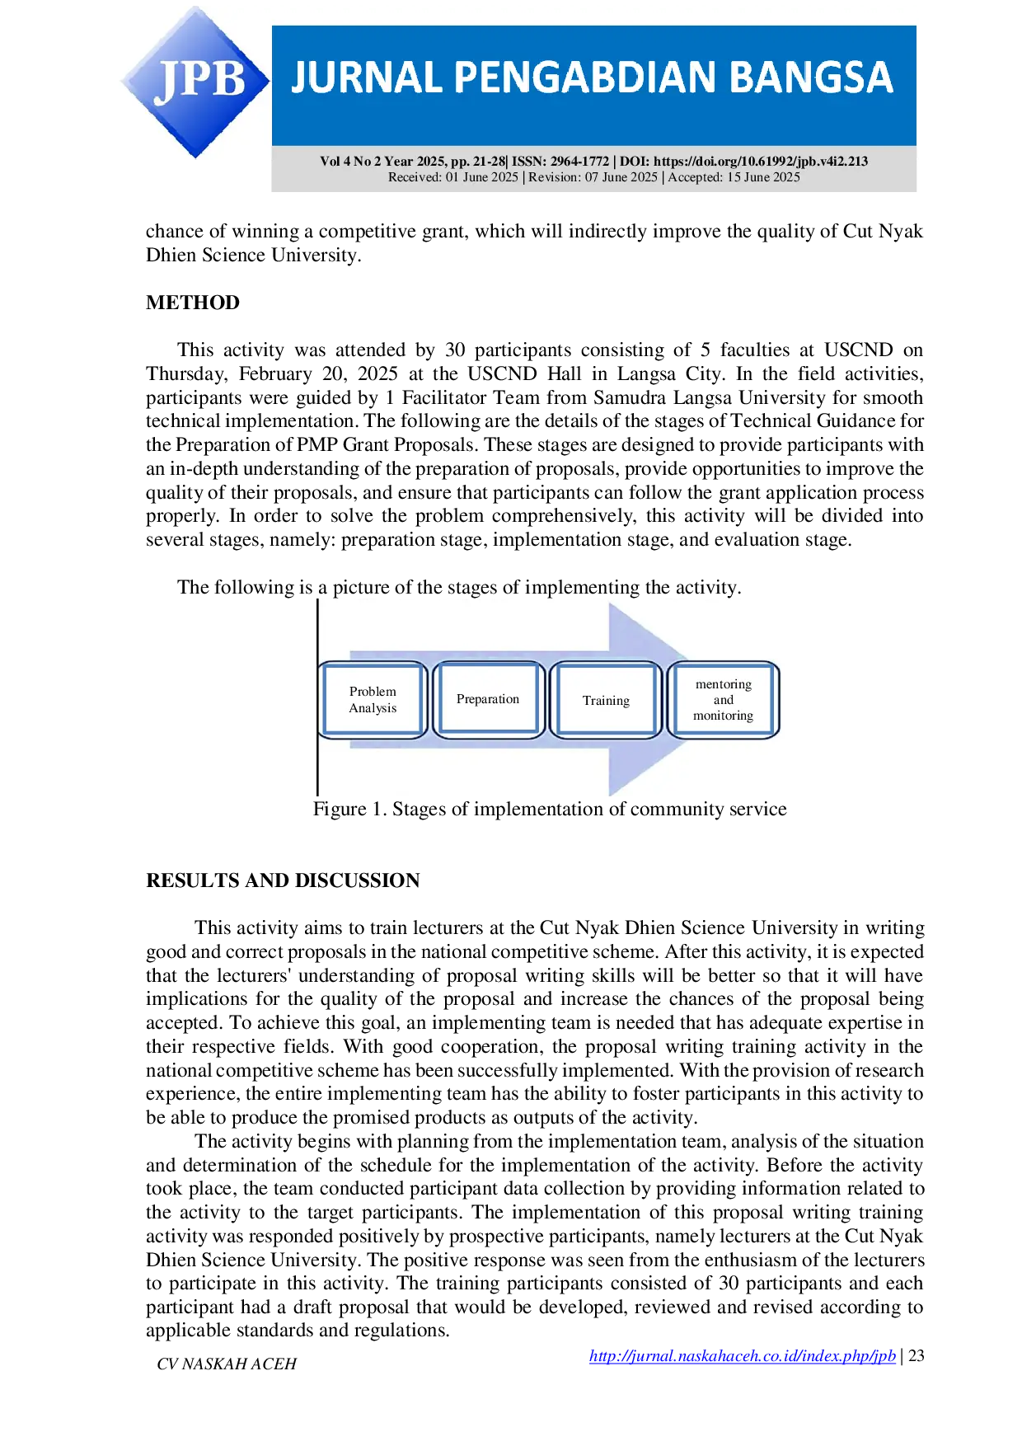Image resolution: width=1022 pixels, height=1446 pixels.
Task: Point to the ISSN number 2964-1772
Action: pyautogui.click(x=580, y=162)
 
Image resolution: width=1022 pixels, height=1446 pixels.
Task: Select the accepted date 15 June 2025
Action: pyautogui.click(x=763, y=177)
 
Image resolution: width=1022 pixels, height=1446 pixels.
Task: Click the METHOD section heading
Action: pyautogui.click(x=193, y=303)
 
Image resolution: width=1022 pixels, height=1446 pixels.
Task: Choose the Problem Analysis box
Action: pyautogui.click(x=373, y=700)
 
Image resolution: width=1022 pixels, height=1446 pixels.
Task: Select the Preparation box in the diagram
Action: pyautogui.click(x=488, y=700)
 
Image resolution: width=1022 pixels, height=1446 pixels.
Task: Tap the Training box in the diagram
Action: pyautogui.click(x=606, y=700)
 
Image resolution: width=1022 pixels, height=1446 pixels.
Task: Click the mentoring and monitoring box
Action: pyautogui.click(x=723, y=700)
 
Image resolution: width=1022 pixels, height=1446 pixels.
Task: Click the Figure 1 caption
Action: pyautogui.click(x=550, y=809)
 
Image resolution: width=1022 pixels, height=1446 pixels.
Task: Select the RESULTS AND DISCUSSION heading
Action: pyautogui.click(x=283, y=880)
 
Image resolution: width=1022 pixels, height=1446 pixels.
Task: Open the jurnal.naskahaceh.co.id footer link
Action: pyautogui.click(x=743, y=1356)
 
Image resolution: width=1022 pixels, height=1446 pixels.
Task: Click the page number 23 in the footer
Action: pyautogui.click(x=917, y=1355)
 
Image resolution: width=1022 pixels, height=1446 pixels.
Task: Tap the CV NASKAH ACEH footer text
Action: pyautogui.click(x=227, y=1364)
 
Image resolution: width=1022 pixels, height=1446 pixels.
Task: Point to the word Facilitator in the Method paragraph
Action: pyautogui.click(x=444, y=397)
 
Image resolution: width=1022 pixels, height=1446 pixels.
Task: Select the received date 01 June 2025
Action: pyautogui.click(x=482, y=177)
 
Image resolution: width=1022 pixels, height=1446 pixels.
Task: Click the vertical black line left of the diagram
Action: pyautogui.click(x=317, y=697)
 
